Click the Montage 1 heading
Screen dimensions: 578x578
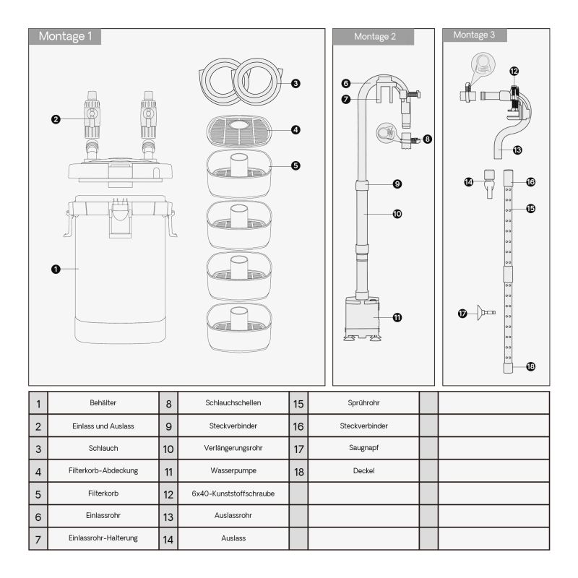click(x=65, y=36)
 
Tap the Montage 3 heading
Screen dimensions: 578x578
click(x=474, y=35)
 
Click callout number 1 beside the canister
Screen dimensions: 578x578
click(x=56, y=269)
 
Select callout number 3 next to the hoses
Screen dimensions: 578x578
click(x=296, y=84)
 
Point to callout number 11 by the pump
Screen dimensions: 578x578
click(x=397, y=317)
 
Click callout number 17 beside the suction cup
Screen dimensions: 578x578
click(x=462, y=314)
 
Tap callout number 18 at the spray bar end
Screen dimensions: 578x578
click(x=530, y=366)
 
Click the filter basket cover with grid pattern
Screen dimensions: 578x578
click(x=239, y=131)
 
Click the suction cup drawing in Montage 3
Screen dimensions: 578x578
click(x=486, y=313)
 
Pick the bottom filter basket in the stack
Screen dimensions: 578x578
click(x=239, y=327)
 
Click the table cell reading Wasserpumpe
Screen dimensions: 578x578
click(x=233, y=471)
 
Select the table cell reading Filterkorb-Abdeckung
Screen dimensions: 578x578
click(x=103, y=471)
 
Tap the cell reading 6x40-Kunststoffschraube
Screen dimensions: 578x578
click(x=233, y=493)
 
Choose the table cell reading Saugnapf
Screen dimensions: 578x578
click(x=364, y=448)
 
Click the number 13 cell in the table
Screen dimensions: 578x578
click(x=168, y=517)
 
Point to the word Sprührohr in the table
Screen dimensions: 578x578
click(x=364, y=403)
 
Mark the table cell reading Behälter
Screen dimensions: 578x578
click(x=103, y=403)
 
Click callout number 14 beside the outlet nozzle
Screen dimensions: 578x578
click(x=468, y=182)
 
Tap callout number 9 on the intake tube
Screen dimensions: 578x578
click(x=397, y=184)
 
